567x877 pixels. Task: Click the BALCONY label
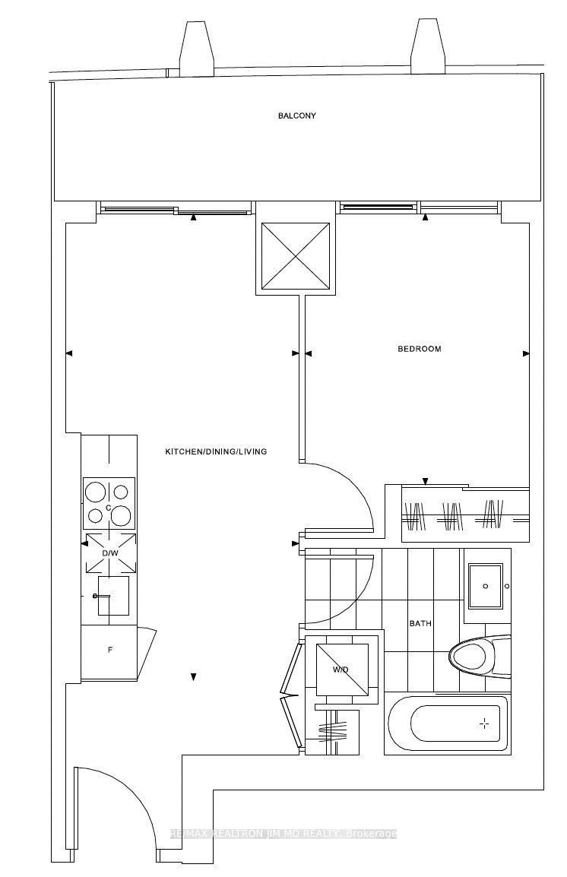pos(296,116)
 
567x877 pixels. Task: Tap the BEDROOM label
pos(419,349)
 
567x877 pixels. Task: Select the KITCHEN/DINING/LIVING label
pos(216,451)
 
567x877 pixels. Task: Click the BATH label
pos(420,623)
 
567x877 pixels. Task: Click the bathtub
pos(446,723)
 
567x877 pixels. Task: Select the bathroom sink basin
pos(485,586)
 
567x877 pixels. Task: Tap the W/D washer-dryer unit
pos(341,670)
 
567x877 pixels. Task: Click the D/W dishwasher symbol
pos(110,552)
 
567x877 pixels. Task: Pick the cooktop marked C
pos(109,503)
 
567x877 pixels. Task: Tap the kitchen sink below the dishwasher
pos(112,595)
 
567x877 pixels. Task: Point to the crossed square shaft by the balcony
pos(296,256)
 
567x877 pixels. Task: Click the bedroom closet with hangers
pos(456,514)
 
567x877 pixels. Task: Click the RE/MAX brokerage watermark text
pos(283,834)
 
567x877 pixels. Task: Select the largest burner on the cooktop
pos(121,516)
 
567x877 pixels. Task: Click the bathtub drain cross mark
pos(484,723)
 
